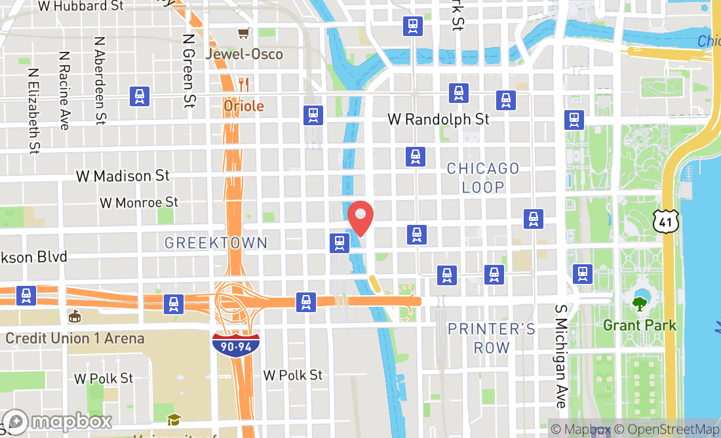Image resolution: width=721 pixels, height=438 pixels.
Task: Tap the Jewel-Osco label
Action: pos(244,54)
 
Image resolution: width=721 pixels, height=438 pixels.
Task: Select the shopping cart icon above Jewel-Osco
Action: pos(244,32)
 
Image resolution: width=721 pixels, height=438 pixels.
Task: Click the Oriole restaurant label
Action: pos(244,106)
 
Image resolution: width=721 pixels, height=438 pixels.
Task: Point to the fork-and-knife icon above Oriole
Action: pos(244,84)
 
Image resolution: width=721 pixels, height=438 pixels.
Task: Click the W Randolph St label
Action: pos(438,119)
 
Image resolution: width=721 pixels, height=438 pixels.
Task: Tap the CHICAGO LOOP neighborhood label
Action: pos(483,178)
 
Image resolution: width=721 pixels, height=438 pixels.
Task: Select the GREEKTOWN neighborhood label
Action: pos(216,243)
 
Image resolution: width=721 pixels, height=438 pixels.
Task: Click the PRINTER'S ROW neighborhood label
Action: pos(492,338)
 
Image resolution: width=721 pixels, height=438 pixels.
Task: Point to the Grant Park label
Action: pos(639,325)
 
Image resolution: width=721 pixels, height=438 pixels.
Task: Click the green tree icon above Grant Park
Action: pos(639,304)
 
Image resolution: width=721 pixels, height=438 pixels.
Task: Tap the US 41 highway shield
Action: pos(665,222)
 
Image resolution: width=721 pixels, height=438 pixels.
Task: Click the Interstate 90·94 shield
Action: pos(235,344)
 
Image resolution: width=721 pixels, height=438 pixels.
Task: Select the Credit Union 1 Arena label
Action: pos(75,338)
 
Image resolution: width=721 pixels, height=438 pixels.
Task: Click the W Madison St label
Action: pos(123,176)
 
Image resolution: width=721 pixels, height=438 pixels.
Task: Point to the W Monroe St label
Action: pos(139,202)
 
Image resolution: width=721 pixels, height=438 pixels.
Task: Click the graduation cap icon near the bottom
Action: pos(174,420)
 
